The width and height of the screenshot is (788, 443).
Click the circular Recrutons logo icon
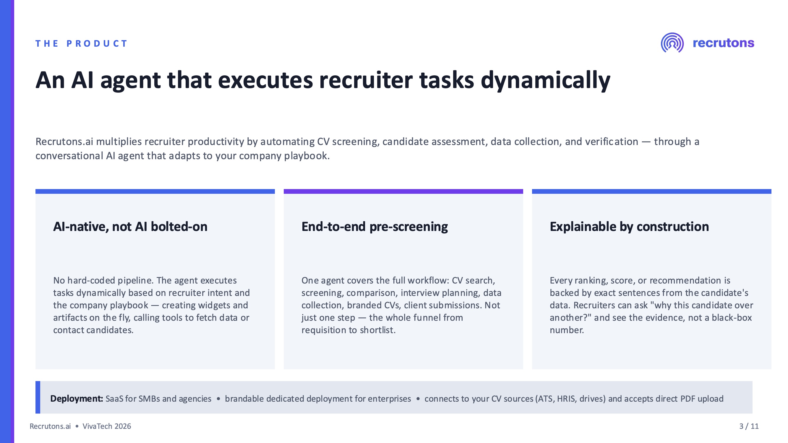click(x=672, y=43)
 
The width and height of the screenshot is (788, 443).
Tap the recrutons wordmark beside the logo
click(x=724, y=43)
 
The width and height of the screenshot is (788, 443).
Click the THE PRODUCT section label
click(x=81, y=43)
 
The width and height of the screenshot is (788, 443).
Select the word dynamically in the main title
click(x=545, y=80)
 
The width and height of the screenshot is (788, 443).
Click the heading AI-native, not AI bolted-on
click(x=130, y=227)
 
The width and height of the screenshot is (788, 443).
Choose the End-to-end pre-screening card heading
click(x=375, y=227)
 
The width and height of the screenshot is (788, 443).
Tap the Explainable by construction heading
click(x=629, y=227)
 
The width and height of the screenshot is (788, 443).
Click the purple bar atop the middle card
click(x=403, y=191)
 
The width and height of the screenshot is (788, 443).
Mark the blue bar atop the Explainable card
click(x=651, y=191)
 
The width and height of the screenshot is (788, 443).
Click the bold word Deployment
click(x=77, y=399)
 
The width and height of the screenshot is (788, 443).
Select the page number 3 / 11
click(x=749, y=426)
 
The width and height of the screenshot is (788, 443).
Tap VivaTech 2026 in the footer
click(x=107, y=426)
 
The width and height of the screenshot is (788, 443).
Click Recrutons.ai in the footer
click(x=50, y=426)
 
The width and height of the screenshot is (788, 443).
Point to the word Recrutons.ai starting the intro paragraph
click(x=64, y=141)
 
